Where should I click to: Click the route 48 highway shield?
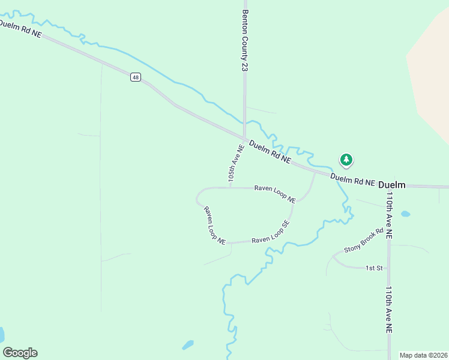point(136,77)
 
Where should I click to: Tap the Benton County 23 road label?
point(245,40)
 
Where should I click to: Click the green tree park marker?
point(346,160)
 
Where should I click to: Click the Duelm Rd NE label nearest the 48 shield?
point(21,28)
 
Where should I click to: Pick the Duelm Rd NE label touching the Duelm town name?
point(352,179)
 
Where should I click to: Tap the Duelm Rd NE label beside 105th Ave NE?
point(270,152)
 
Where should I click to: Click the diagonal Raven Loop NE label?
point(214,226)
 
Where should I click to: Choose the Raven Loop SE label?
point(270,232)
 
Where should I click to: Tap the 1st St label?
point(374,268)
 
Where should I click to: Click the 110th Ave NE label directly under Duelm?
point(389,216)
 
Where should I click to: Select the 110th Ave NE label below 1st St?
point(389,310)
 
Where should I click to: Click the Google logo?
point(20,353)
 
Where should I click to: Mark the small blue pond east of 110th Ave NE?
point(406,214)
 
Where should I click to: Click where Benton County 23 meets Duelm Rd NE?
point(244,137)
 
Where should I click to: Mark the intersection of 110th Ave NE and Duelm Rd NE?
point(389,186)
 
